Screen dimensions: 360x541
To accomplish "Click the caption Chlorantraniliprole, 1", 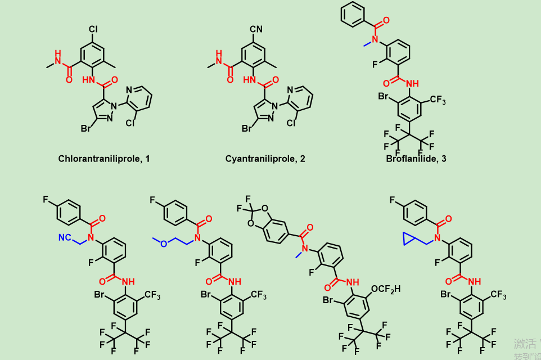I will click(x=104, y=159).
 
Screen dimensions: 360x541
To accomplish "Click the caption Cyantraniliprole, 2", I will click(x=265, y=159).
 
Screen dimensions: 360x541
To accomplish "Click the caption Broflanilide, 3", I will click(x=416, y=159).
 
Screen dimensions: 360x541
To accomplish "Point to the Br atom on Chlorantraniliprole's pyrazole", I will click(x=86, y=129).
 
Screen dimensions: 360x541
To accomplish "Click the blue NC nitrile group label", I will click(x=65, y=238).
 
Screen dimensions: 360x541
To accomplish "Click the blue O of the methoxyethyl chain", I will click(x=164, y=244).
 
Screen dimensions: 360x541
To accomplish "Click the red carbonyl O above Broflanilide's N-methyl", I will click(x=387, y=21).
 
